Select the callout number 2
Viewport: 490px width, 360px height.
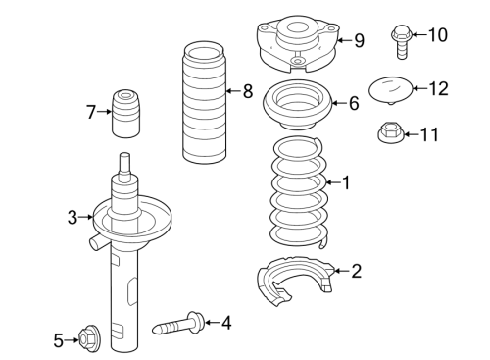click(x=356, y=271)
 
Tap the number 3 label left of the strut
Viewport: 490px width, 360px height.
click(x=72, y=217)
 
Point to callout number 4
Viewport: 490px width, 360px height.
click(x=225, y=321)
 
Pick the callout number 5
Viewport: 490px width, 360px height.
click(x=58, y=340)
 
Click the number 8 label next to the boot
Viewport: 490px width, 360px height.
click(x=247, y=92)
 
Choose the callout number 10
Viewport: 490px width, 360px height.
click(x=437, y=36)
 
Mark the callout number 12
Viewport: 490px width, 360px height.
click(x=437, y=88)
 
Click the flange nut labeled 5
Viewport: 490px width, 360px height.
click(x=86, y=340)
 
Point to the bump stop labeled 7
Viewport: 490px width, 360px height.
click(x=125, y=113)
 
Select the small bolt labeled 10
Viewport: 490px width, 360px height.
click(x=399, y=37)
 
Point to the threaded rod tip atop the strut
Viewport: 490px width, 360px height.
click(x=124, y=161)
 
